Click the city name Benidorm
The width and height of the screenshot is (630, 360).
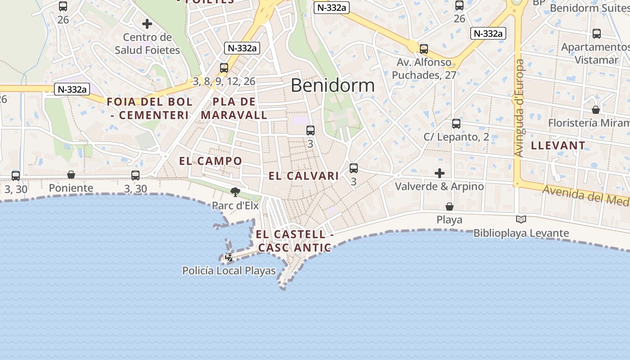[x=333, y=85]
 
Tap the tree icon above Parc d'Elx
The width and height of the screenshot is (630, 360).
[x=235, y=192]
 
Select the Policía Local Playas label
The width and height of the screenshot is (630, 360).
[x=229, y=270]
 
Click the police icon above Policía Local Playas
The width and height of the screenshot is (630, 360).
[x=229, y=257]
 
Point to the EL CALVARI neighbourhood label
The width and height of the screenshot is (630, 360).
[x=304, y=176]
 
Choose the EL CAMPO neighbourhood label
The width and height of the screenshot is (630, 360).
[x=211, y=161]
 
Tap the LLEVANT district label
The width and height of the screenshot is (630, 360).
[x=558, y=145]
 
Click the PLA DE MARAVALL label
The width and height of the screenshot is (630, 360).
[x=234, y=108]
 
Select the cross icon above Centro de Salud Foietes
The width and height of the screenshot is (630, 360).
[x=147, y=24]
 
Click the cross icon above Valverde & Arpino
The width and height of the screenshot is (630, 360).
[x=440, y=173]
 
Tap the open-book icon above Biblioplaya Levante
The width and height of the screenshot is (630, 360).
[x=521, y=219]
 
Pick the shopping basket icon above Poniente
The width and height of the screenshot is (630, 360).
[x=71, y=175]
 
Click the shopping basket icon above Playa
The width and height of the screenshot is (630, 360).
[x=449, y=207]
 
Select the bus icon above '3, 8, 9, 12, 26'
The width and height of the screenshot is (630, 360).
[x=224, y=68]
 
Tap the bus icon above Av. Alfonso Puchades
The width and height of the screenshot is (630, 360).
[x=424, y=49]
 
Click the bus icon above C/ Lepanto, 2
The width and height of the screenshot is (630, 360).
[x=456, y=123]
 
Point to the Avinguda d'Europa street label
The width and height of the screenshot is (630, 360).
[x=519, y=108]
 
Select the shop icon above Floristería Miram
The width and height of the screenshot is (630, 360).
[x=596, y=110]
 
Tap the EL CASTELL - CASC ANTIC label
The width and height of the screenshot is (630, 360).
[x=295, y=241]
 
